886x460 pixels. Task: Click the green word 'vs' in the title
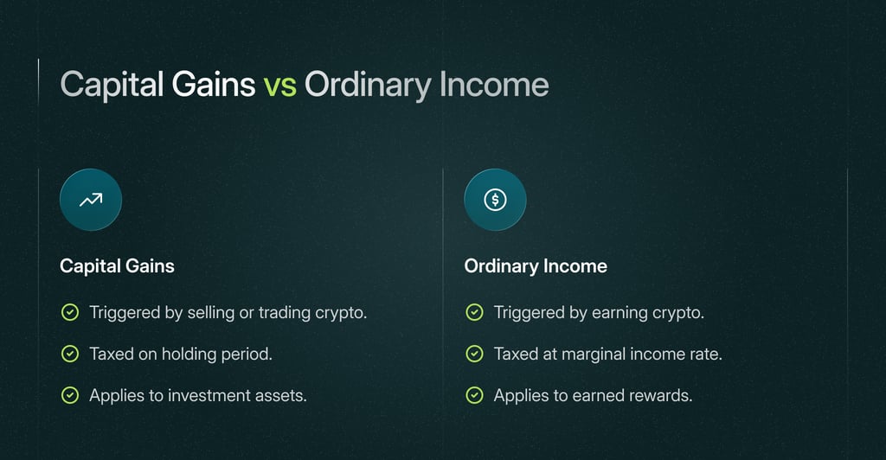[279, 85]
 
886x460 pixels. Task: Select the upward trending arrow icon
[90, 200]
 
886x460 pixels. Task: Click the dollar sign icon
[495, 200]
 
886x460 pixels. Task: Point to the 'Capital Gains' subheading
[117, 266]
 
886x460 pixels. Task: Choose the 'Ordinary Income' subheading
[536, 266]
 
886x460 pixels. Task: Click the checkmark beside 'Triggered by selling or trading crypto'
[69, 313]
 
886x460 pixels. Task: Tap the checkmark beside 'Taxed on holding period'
[69, 354]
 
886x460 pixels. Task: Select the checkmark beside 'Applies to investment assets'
[69, 395]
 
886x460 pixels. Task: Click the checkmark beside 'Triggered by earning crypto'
[474, 313]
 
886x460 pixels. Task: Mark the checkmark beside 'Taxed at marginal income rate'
[474, 354]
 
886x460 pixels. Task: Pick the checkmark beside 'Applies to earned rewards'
[474, 395]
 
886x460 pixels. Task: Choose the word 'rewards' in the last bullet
[662, 395]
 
